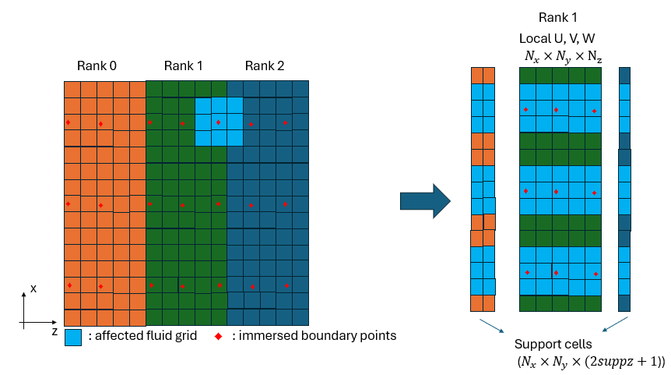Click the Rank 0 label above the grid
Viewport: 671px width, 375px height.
[97, 65]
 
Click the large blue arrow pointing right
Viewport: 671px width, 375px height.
[425, 202]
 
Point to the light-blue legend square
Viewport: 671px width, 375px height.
[73, 337]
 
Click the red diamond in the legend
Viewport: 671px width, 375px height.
[219, 336]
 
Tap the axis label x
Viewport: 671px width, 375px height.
[33, 288]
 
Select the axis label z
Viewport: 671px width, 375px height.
[55, 331]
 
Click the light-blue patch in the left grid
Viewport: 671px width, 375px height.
[219, 122]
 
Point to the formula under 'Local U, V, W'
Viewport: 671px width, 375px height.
[563, 55]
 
